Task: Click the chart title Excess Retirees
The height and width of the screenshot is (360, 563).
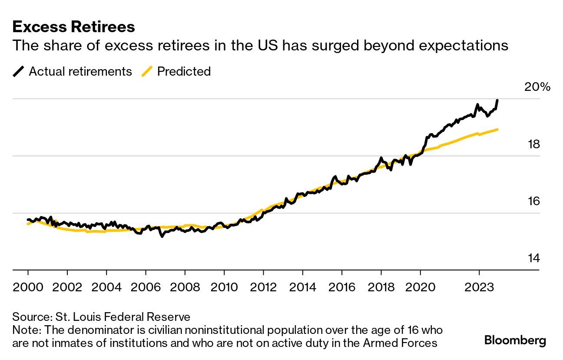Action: pyautogui.click(x=73, y=27)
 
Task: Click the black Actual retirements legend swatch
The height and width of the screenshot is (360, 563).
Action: pyautogui.click(x=19, y=71)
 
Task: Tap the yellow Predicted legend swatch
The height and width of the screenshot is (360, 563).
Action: pyautogui.click(x=148, y=71)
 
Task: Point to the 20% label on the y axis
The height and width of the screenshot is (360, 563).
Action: pyautogui.click(x=537, y=87)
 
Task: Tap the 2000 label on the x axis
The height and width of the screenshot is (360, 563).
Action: pyautogui.click(x=28, y=287)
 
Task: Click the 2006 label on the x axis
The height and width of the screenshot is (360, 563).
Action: pyautogui.click(x=146, y=287)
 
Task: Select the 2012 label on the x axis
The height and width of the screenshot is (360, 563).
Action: pyautogui.click(x=263, y=287)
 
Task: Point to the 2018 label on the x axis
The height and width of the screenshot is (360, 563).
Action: pyautogui.click(x=381, y=287)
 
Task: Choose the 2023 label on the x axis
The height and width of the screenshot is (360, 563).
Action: pyautogui.click(x=479, y=287)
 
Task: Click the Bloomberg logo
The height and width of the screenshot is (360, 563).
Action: pyautogui.click(x=515, y=340)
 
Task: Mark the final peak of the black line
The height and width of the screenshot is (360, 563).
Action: pyautogui.click(x=497, y=100)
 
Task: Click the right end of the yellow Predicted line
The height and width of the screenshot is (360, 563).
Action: pyautogui.click(x=497, y=130)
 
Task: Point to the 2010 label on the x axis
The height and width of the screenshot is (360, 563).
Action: pyautogui.click(x=224, y=287)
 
